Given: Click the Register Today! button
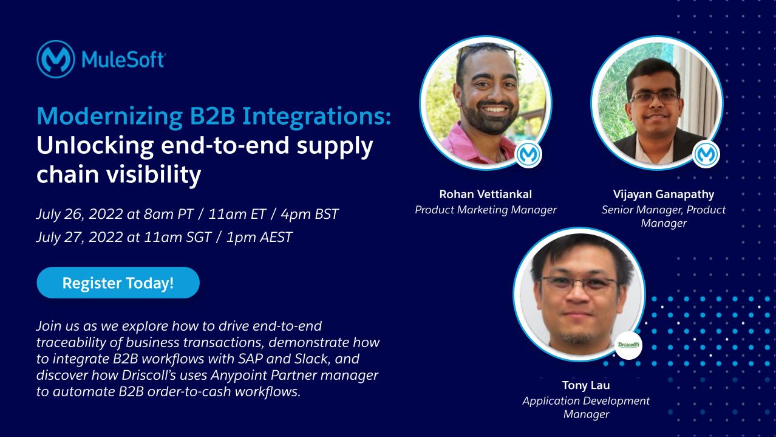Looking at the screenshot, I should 118,283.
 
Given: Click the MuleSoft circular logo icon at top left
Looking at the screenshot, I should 55,60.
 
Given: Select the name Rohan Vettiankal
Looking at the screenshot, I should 485,194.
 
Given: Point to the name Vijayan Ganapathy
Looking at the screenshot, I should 663,194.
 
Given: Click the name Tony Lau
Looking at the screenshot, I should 585,385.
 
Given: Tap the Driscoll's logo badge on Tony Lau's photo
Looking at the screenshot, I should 628,345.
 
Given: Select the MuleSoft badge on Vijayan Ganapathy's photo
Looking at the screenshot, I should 706,154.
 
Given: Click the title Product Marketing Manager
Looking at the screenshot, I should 485,210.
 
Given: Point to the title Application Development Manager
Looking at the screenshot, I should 585,407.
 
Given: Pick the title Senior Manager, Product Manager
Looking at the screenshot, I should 663,216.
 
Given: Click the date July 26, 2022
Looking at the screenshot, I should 78,214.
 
